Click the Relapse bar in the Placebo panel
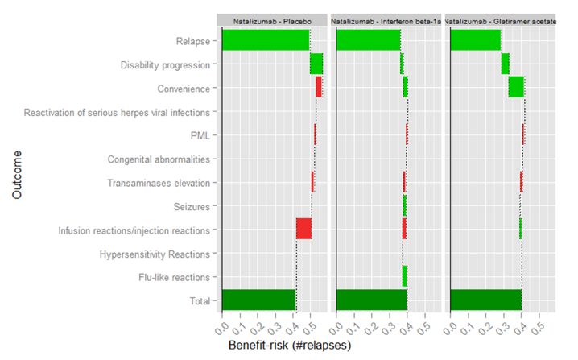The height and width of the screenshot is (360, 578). coord(266,39)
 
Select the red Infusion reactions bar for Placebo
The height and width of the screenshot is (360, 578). coord(303,229)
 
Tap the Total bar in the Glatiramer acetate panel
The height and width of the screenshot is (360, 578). coord(486,300)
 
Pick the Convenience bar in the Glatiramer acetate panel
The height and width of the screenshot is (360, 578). coord(516,87)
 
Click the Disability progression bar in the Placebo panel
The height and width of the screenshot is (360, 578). coord(316,64)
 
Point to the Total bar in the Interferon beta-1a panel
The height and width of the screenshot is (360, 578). coord(371,300)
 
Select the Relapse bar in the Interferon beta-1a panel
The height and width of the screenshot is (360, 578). coord(368,39)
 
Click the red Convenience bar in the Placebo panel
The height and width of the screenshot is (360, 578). coord(319,87)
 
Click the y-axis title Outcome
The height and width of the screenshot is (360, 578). coord(18,171)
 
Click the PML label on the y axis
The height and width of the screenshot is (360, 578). coord(200,135)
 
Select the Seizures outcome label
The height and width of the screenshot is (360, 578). coord(192,207)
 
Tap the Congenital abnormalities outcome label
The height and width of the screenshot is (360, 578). coord(159,159)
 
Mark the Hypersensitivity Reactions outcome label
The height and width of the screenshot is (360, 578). coord(155,254)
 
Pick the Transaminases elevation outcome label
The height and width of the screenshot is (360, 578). coord(159,183)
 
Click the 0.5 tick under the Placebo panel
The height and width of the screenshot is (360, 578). coord(309,325)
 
